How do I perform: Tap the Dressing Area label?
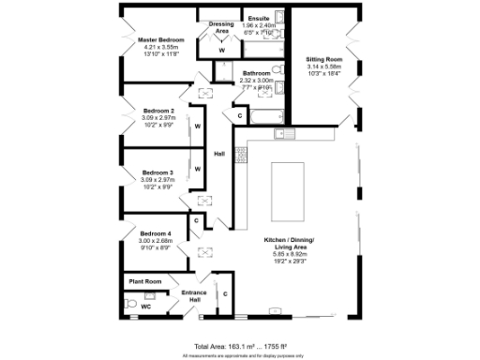click(222, 28)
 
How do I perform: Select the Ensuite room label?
click(258, 18)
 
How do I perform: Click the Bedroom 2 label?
click(158, 111)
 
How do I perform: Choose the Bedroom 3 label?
click(158, 172)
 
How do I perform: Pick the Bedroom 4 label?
click(156, 232)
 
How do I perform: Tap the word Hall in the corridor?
click(219, 154)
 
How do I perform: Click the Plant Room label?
click(145, 281)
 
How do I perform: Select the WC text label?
click(145, 307)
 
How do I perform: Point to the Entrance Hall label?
click(194, 295)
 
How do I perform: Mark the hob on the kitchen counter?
click(241, 153)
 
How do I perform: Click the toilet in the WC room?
click(129, 303)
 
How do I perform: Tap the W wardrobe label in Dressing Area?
click(222, 49)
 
